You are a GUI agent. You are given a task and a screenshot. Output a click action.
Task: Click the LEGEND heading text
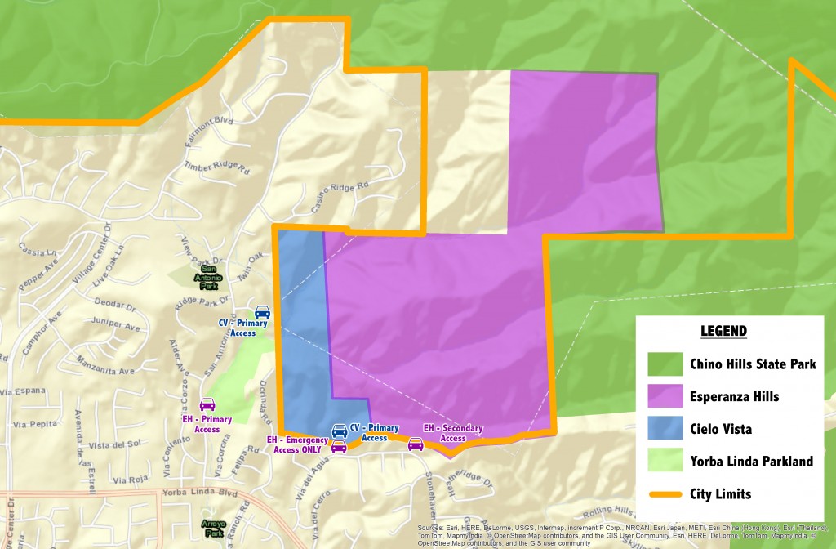click(723, 331)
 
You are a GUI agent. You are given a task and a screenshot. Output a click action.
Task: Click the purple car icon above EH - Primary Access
click(207, 404)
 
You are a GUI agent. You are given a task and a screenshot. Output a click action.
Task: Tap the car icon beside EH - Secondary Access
click(416, 444)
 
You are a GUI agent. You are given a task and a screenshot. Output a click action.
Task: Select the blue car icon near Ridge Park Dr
click(262, 311)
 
